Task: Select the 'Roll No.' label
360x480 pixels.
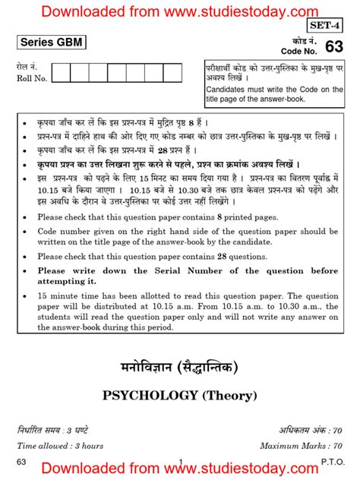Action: coord(32,77)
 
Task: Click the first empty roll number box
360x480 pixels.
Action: coord(61,73)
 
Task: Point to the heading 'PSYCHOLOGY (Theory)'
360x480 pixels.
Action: coord(179,395)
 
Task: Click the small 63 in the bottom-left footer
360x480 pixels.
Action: coord(21,461)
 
